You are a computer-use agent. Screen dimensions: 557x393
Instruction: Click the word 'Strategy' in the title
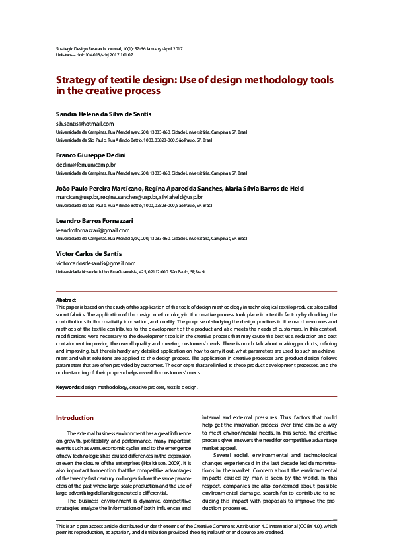click(78, 79)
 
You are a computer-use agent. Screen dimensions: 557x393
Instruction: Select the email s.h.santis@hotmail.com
click(85, 123)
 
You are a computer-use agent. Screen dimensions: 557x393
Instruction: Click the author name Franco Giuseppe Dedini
click(88, 155)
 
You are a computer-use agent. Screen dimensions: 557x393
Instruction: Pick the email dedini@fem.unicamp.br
click(85, 164)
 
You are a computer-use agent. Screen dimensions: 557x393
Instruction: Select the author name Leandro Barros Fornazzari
click(94, 220)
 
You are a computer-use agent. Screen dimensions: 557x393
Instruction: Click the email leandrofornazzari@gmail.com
click(92, 230)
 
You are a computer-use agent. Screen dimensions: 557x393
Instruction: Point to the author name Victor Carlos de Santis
click(89, 253)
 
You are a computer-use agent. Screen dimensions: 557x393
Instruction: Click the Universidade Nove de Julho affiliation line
click(131, 271)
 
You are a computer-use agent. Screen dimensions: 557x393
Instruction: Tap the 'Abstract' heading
click(65, 300)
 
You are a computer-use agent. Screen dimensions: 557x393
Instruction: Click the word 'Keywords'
click(67, 387)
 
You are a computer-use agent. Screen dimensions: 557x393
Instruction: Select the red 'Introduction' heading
click(75, 418)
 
